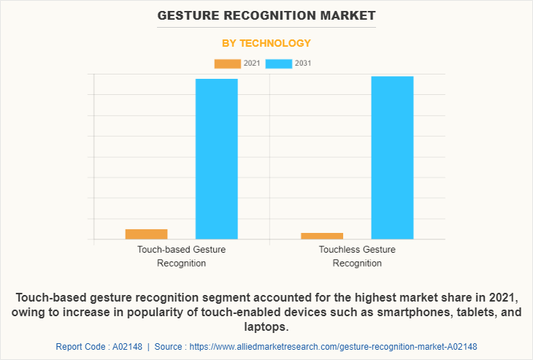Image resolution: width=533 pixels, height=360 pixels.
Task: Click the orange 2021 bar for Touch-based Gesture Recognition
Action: pyautogui.click(x=146, y=234)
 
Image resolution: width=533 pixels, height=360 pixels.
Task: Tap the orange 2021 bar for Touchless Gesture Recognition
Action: pyautogui.click(x=322, y=235)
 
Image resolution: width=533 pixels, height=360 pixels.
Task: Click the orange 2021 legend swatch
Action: pyautogui.click(x=227, y=64)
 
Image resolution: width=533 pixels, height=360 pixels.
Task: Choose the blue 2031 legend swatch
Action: pyautogui.click(x=279, y=64)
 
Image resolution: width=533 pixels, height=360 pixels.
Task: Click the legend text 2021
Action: pyautogui.click(x=252, y=64)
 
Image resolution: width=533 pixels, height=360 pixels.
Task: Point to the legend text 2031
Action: pyautogui.click(x=303, y=64)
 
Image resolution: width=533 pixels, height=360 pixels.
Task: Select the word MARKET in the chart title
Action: pyautogui.click(x=349, y=15)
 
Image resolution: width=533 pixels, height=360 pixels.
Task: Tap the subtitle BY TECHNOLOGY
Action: pyautogui.click(x=266, y=43)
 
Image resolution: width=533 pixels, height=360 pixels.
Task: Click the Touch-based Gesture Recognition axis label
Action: pyautogui.click(x=181, y=256)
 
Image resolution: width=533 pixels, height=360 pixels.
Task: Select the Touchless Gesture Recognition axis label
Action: pyautogui.click(x=357, y=256)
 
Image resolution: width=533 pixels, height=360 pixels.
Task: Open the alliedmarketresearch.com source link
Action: pyautogui.click(x=333, y=346)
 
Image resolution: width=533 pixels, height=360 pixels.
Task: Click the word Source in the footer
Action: pyautogui.click(x=168, y=346)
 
